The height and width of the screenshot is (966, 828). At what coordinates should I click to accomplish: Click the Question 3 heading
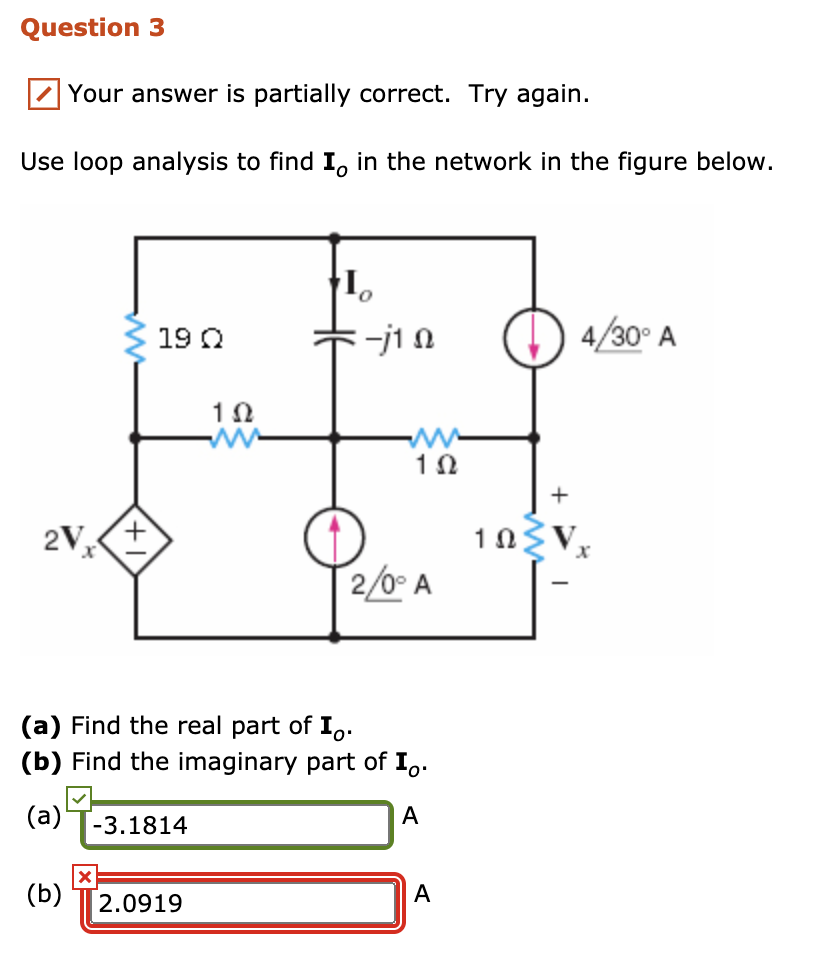coord(93,28)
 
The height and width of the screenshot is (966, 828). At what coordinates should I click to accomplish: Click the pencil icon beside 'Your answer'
coord(43,95)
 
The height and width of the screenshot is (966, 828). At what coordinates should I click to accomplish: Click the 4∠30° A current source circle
coord(534,337)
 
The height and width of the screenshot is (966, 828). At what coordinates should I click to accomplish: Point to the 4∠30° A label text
coord(628,337)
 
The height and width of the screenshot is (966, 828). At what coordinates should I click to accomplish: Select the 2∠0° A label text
coord(391,584)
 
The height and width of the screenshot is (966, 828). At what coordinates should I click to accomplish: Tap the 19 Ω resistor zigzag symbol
coord(136,337)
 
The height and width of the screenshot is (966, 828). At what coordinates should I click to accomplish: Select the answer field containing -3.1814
coord(238,825)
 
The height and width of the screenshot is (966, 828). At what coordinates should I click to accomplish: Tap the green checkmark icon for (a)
coord(81,798)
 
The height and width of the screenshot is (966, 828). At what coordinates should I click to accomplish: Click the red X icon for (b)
coord(85,877)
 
